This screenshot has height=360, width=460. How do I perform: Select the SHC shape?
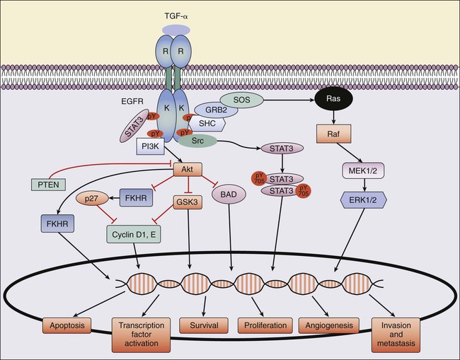pos(209,123)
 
